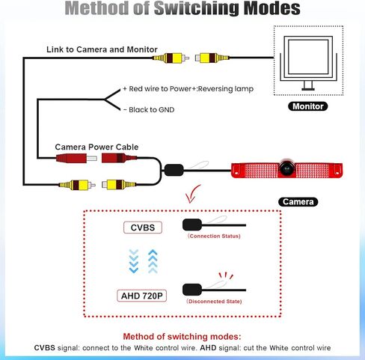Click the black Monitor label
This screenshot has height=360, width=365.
[307, 106]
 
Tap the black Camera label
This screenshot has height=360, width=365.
[298, 201]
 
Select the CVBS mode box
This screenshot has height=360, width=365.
[143, 228]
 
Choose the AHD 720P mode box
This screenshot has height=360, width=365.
[141, 296]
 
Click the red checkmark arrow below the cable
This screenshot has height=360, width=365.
[192, 194]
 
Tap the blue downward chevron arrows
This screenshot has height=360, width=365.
[134, 261]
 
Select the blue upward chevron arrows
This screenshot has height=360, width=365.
[153, 261]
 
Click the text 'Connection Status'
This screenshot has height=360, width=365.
[215, 236]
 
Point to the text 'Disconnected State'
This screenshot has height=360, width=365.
[215, 302]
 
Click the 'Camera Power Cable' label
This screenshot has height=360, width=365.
[96, 147]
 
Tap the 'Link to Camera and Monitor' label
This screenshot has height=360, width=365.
[102, 49]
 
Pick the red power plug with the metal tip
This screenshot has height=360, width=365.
[76, 158]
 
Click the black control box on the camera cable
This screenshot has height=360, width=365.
[174, 170]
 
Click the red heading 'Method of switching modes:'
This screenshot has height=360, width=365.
[182, 337]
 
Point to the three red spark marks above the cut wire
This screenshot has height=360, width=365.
[226, 275]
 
